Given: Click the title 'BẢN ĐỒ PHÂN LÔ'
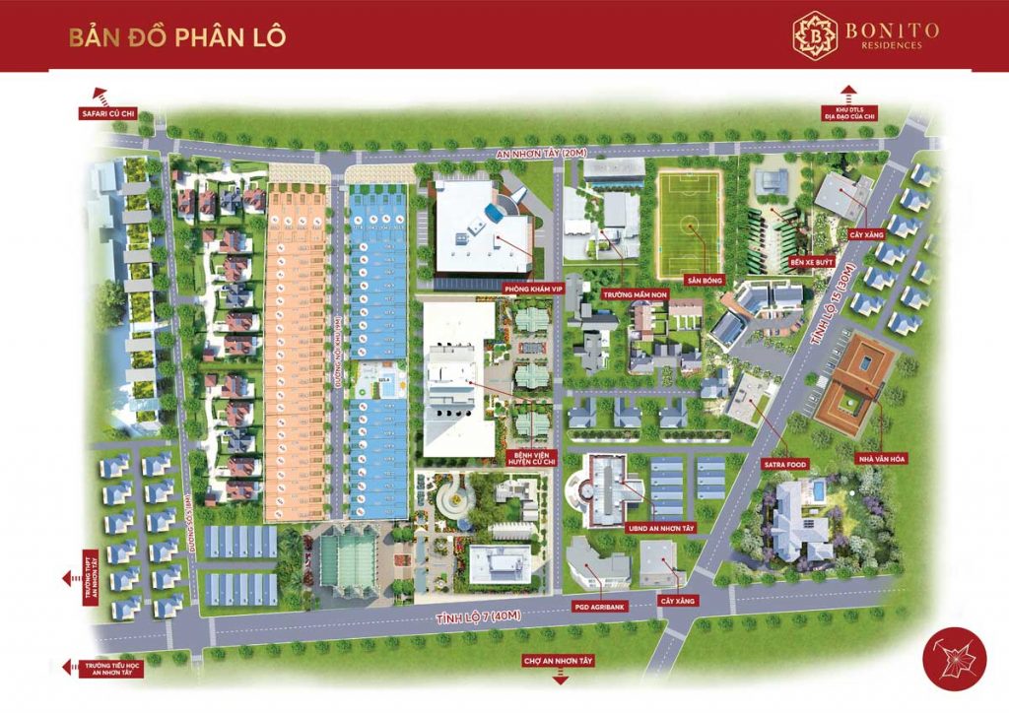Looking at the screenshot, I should coord(177,37).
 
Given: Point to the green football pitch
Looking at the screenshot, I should coord(690,225).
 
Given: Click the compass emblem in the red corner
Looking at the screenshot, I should coord(954,660).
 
